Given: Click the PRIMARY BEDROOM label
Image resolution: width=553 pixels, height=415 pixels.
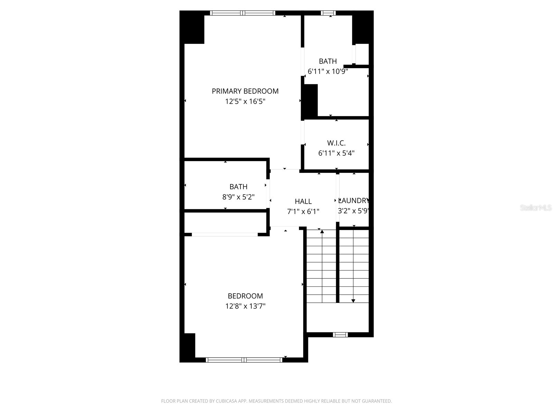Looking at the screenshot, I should coord(245,91).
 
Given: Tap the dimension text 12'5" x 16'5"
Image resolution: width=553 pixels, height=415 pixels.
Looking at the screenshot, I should coord(245,102).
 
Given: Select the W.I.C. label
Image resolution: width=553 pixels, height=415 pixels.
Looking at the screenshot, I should coord(336,143).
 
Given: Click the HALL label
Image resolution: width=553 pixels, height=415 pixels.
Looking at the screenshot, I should coord(303,201).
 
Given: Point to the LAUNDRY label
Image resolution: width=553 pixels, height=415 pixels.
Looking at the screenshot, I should coord(354,201).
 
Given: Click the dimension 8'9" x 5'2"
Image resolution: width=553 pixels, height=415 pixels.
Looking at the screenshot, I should coord(238,197).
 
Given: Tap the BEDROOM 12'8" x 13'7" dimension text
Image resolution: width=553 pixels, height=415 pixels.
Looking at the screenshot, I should coord(245,306).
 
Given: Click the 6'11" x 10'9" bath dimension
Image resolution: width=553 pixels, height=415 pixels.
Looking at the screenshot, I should coord(328,72).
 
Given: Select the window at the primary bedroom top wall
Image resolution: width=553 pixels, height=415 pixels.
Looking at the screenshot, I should coord(243,13).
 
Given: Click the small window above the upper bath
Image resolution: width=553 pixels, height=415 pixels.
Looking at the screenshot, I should coord(328,13).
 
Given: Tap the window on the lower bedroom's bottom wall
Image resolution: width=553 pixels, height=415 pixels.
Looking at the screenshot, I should coord(244,360).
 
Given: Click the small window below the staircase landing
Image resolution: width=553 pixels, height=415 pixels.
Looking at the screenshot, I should coord(340,334).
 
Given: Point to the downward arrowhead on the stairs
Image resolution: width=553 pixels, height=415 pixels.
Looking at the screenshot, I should coord(353,301).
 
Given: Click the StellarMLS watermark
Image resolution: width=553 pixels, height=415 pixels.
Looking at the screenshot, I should coord(536,208).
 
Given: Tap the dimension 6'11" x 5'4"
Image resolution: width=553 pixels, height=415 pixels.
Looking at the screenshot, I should coord(336,153).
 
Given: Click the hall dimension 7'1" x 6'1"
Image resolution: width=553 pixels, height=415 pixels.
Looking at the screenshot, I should coord(303,212).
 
